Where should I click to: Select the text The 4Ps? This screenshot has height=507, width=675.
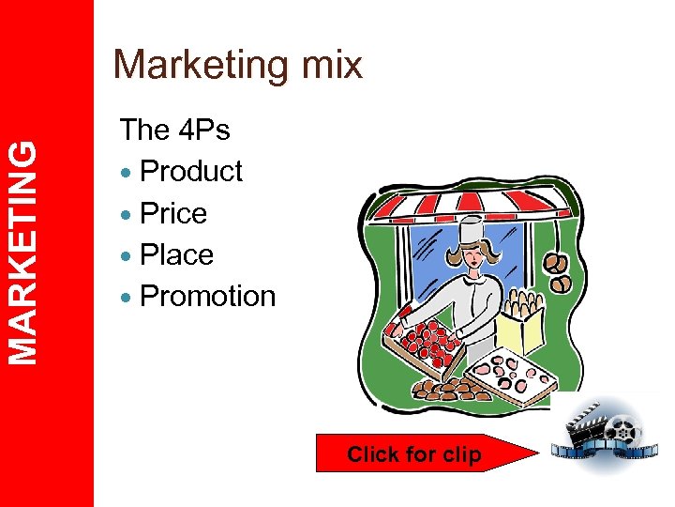click(174, 130)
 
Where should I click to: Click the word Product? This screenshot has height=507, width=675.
click(190, 172)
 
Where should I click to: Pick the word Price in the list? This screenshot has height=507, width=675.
click(172, 213)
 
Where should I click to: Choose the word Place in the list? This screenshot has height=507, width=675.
click(176, 254)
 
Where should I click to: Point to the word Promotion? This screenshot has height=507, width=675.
click(207, 296)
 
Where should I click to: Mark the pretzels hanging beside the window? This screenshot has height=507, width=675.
click(560, 271)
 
